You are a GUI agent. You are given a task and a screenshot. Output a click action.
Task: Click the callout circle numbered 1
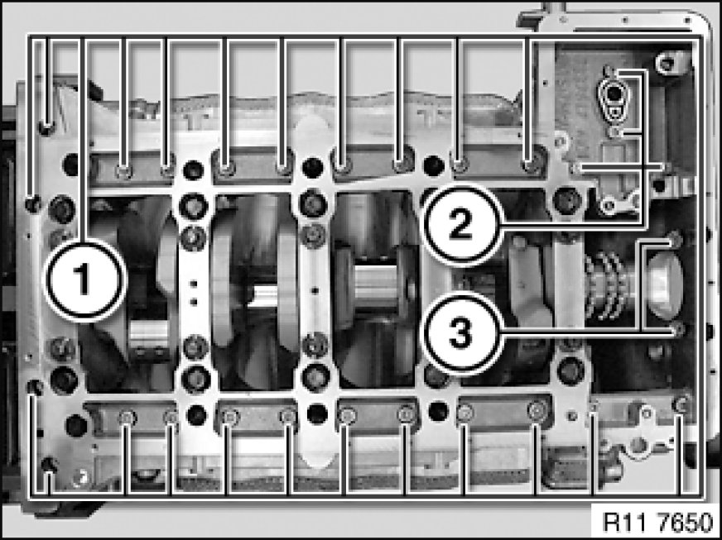pos(84,280)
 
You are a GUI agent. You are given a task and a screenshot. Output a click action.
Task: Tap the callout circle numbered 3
pos(461,333)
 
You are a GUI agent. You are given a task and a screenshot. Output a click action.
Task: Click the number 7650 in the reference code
pos(686,522)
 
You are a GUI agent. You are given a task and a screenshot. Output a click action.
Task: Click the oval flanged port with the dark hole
pos(613,99)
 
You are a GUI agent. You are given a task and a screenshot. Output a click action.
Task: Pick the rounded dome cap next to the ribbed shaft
pos(664,285)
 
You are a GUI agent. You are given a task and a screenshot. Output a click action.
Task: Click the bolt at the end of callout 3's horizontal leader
pos(677,329)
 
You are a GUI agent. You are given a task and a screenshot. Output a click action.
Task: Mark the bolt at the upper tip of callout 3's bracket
pos(675,239)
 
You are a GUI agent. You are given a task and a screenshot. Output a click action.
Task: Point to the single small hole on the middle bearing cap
pos(315,291)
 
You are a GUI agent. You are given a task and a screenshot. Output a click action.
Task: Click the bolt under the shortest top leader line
pos(47,127)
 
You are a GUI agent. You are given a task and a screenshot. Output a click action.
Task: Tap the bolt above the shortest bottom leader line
pos(48,465)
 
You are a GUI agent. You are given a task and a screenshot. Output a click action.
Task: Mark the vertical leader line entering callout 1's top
pos(84,138)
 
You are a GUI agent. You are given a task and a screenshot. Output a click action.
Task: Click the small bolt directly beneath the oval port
pos(614,133)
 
